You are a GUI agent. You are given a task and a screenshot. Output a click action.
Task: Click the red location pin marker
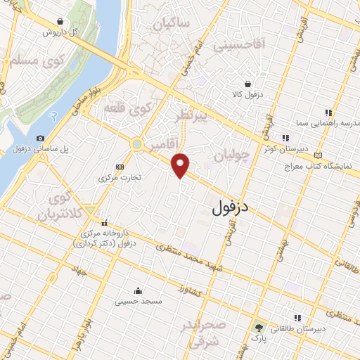[181, 165]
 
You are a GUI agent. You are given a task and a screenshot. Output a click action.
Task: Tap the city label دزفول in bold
[232, 207]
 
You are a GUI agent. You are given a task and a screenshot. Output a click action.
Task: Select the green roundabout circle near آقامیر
[136, 145]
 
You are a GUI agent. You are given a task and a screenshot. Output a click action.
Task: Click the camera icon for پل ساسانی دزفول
[40, 138]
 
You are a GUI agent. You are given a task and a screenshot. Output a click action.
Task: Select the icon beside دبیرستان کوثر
[285, 138]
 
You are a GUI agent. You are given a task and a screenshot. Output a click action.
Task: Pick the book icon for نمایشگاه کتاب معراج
[320, 155]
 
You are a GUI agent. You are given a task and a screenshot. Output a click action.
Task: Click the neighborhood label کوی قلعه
[128, 110]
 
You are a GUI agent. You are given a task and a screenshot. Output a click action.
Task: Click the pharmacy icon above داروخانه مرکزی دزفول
[104, 222]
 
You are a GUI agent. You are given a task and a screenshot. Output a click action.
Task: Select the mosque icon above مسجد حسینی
[138, 289]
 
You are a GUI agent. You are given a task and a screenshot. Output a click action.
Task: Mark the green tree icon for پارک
[258, 327]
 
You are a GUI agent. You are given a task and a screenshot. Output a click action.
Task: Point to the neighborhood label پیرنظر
[192, 117]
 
